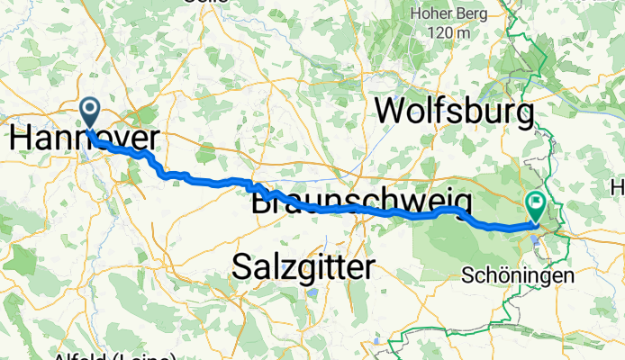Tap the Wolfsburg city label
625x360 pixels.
pos(454,112)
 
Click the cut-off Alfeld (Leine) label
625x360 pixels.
pos(101,355)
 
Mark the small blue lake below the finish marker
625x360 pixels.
pos(537,239)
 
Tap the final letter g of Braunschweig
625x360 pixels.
pos(462,203)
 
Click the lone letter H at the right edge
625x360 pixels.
pos(617,186)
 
